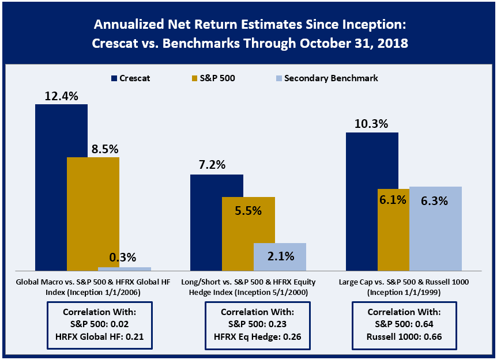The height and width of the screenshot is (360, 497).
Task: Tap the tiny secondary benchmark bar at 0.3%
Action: coord(125,269)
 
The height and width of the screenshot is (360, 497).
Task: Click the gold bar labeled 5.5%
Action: coord(248,234)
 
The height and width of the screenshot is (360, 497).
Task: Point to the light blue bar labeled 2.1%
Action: coord(280,257)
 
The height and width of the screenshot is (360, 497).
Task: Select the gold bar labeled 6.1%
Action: coord(393,230)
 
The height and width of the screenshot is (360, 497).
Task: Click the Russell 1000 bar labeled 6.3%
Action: coord(435,229)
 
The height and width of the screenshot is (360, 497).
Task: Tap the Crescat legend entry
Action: coord(130,78)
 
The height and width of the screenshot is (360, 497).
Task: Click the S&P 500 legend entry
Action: coord(213,78)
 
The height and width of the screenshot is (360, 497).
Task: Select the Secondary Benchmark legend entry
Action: coord(327,78)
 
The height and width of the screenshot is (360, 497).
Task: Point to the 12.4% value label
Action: coord(62,96)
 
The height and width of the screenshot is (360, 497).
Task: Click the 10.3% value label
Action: coord(371,124)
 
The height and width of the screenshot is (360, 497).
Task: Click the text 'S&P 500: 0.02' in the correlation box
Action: coord(100,324)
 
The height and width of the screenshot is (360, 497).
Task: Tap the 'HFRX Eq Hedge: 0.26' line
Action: coord(257,336)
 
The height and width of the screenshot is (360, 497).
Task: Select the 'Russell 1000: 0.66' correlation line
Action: coord(404,336)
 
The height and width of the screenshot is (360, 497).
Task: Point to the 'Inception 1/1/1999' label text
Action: coord(404,292)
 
